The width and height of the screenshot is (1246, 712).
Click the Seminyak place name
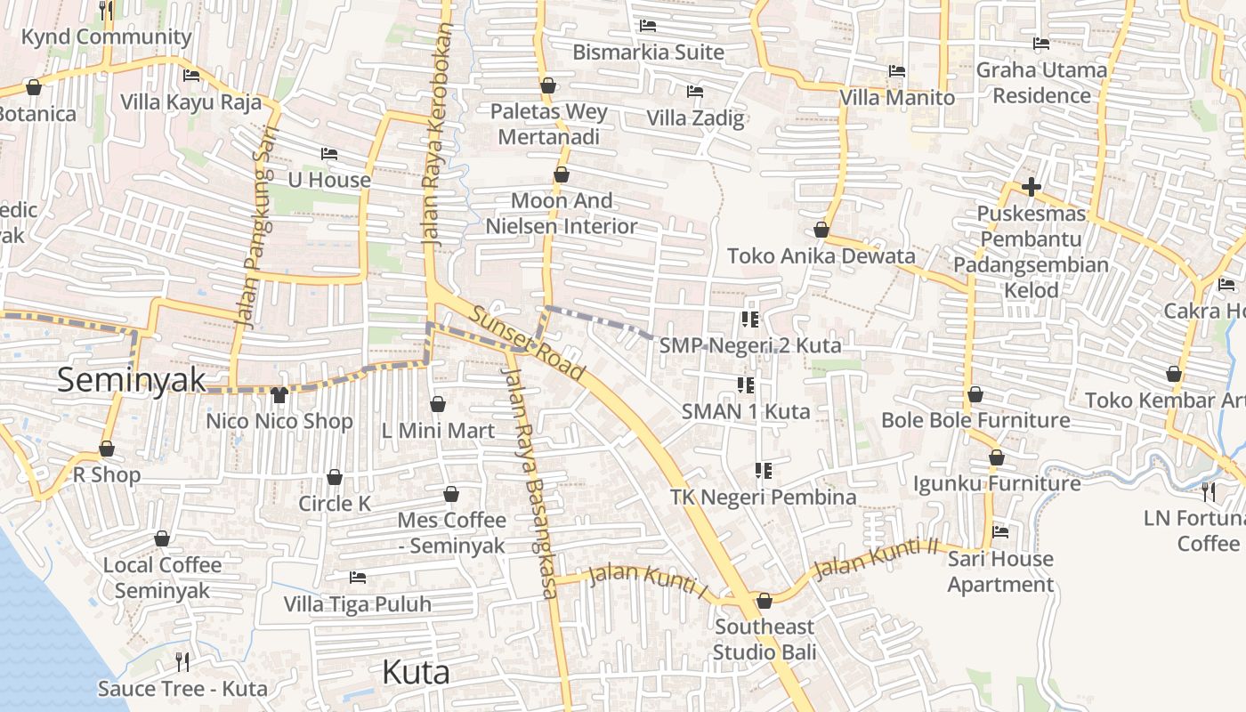coord(132,380)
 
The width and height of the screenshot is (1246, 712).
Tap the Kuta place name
coord(416,672)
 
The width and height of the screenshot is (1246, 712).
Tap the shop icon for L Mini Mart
coord(437,405)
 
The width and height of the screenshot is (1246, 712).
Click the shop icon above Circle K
coord(335,478)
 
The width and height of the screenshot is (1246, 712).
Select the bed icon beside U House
coord(328,154)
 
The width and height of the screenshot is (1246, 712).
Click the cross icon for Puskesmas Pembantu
coord(1032,187)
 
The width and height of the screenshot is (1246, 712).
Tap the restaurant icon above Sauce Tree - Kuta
coord(182,661)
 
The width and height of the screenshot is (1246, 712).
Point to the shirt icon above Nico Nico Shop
coord(279,394)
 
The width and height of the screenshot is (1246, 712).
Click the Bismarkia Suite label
coord(648,53)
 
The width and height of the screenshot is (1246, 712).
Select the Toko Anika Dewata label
coord(821,256)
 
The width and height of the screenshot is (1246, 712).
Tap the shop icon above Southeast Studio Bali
coord(764,602)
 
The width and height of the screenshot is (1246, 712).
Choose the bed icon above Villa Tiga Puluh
coord(358,578)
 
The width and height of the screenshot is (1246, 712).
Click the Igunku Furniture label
coord(997,483)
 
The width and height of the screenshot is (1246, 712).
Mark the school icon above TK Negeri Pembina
coord(763,470)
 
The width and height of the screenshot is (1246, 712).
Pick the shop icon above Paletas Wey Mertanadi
coord(548,86)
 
